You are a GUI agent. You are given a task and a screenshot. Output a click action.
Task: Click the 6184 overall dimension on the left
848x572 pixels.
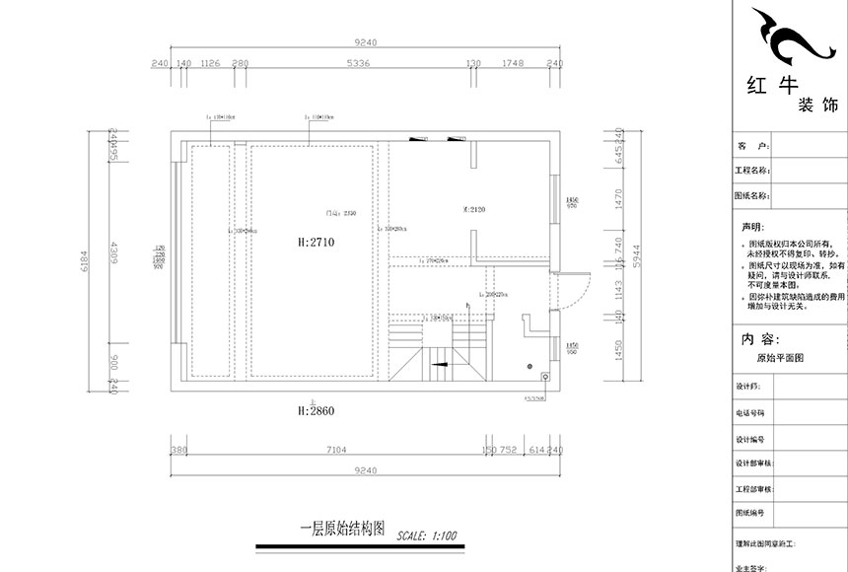pos(85,261)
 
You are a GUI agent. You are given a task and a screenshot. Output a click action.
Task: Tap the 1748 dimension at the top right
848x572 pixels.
pos(513,63)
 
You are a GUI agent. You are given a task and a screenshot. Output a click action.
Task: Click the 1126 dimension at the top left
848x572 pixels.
pos(209,63)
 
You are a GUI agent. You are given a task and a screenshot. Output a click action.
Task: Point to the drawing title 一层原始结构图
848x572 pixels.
pos(340,528)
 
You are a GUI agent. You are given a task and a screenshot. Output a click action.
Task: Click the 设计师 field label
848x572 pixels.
pos(747,387)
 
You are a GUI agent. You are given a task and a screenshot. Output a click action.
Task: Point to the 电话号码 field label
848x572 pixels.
pos(749,413)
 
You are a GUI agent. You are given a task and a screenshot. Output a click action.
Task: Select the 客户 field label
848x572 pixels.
pos(751,145)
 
